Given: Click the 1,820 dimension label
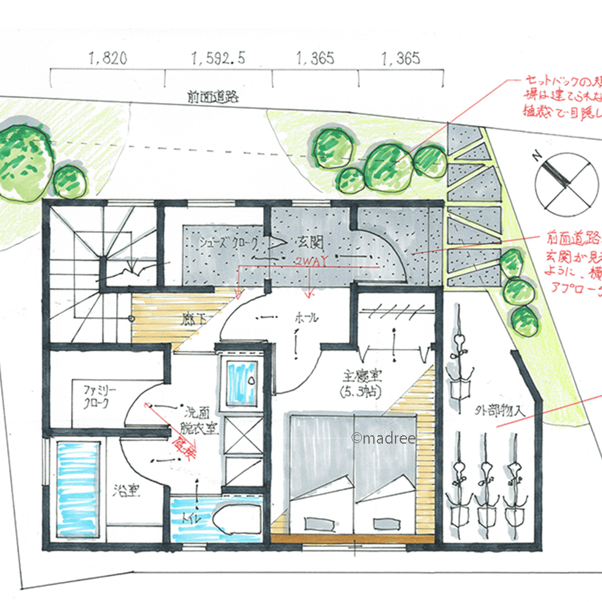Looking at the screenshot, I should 108,59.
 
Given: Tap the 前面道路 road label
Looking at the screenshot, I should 210,96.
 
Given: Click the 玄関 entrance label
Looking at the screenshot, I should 311,243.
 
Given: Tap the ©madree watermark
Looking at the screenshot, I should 383,438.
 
